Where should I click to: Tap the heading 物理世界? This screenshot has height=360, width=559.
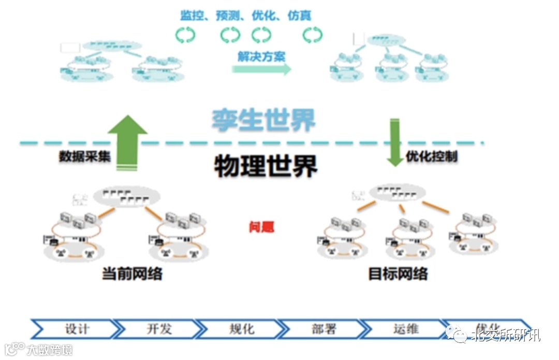pyautogui.click(x=266, y=165)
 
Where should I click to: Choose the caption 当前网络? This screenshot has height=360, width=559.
pyautogui.click(x=132, y=273)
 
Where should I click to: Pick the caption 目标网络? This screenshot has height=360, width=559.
pyautogui.click(x=398, y=273)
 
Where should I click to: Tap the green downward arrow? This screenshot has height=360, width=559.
pyautogui.click(x=395, y=142)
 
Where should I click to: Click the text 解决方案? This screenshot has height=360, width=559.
pyautogui.click(x=261, y=56)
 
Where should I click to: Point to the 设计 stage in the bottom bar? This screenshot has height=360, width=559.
pyautogui.click(x=77, y=329)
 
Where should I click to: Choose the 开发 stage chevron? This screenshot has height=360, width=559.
pyautogui.click(x=158, y=329)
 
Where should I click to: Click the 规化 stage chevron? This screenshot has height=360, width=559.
pyautogui.click(x=241, y=329)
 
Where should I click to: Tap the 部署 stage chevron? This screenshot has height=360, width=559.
pyautogui.click(x=323, y=329)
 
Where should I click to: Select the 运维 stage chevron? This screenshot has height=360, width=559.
pyautogui.click(x=405, y=329)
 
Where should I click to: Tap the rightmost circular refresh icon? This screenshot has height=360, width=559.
pyautogui.click(x=312, y=35)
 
